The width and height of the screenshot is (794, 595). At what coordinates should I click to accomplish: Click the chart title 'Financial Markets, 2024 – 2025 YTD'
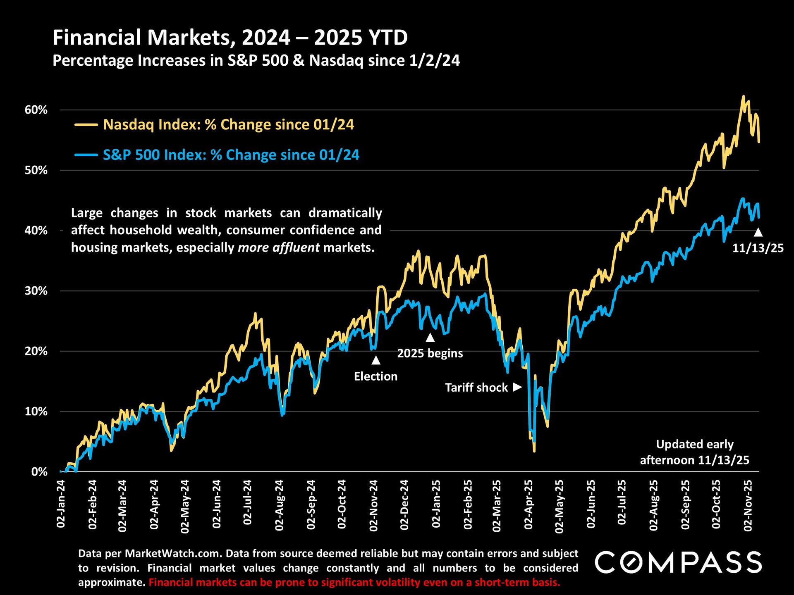point(230,38)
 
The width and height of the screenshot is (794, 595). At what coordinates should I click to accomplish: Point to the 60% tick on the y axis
point(36,110)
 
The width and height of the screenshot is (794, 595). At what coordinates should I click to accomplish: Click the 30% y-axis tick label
point(36,291)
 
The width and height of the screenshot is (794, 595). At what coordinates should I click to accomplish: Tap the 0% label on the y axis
point(39,472)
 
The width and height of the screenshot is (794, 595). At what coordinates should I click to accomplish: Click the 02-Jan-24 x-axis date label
point(61,504)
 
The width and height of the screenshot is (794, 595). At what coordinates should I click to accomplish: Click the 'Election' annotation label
point(375,376)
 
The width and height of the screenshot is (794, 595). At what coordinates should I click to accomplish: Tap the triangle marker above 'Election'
point(375,360)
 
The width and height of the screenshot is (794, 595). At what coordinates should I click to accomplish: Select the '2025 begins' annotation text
point(430,353)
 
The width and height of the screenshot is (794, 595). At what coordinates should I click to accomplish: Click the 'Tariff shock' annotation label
point(476,388)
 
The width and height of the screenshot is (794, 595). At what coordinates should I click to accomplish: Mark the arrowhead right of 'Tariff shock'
point(517,387)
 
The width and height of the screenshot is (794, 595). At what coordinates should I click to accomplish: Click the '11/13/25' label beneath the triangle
point(758,248)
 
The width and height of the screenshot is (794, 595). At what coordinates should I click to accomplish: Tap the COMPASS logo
point(678,562)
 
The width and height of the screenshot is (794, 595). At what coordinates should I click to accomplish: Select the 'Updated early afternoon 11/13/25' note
point(694,452)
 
